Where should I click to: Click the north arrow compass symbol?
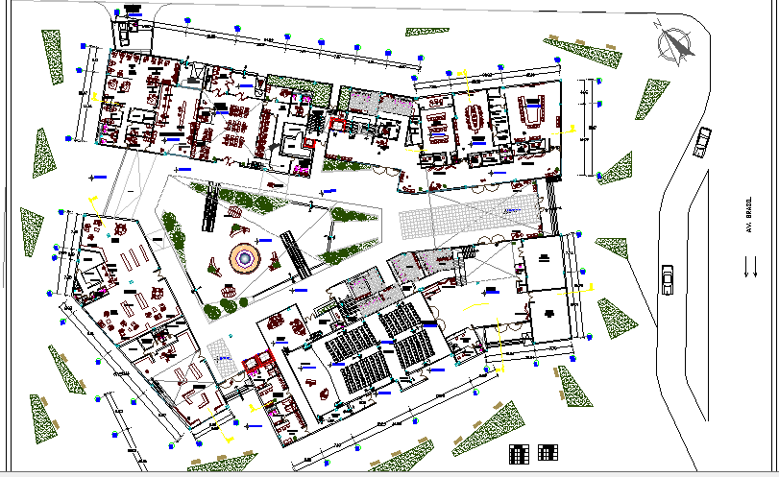675,42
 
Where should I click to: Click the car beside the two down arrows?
667,281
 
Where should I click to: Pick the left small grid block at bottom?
519,452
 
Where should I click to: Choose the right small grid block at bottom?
548,452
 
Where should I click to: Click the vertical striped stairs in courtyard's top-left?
207,209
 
